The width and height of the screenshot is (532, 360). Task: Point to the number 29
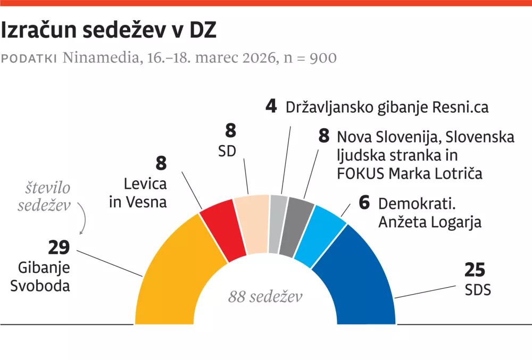coord(59,247)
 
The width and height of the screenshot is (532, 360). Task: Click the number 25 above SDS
coord(475,270)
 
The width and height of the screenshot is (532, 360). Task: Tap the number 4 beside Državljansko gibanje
coord(271,106)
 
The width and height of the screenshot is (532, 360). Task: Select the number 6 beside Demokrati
coord(364,203)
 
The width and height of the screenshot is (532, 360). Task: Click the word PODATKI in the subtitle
coord(29,58)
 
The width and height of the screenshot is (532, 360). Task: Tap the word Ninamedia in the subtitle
coord(99,57)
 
